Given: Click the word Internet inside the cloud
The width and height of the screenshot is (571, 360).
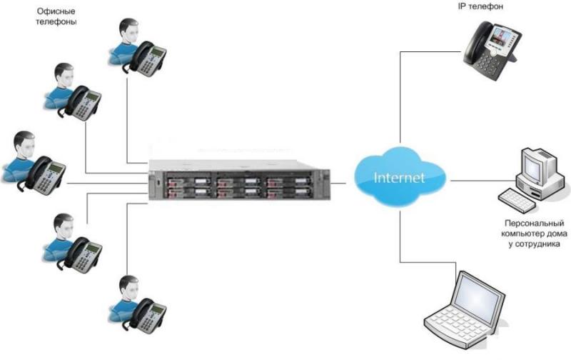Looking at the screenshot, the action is [x=399, y=177].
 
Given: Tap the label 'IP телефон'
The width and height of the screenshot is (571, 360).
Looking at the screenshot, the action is [x=480, y=6].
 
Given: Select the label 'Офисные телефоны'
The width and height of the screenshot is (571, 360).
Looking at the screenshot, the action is [x=56, y=16].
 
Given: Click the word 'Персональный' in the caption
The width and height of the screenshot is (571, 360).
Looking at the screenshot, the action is [x=534, y=223].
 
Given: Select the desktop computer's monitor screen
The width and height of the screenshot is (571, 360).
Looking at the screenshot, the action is [x=532, y=166].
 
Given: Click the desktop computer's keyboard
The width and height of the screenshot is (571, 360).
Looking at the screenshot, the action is [x=517, y=200].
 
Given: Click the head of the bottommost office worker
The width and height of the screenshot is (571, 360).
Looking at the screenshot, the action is [x=129, y=289].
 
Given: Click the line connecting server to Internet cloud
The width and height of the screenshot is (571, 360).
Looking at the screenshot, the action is [x=338, y=184].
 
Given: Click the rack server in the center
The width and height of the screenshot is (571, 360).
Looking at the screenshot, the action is [x=239, y=180].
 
